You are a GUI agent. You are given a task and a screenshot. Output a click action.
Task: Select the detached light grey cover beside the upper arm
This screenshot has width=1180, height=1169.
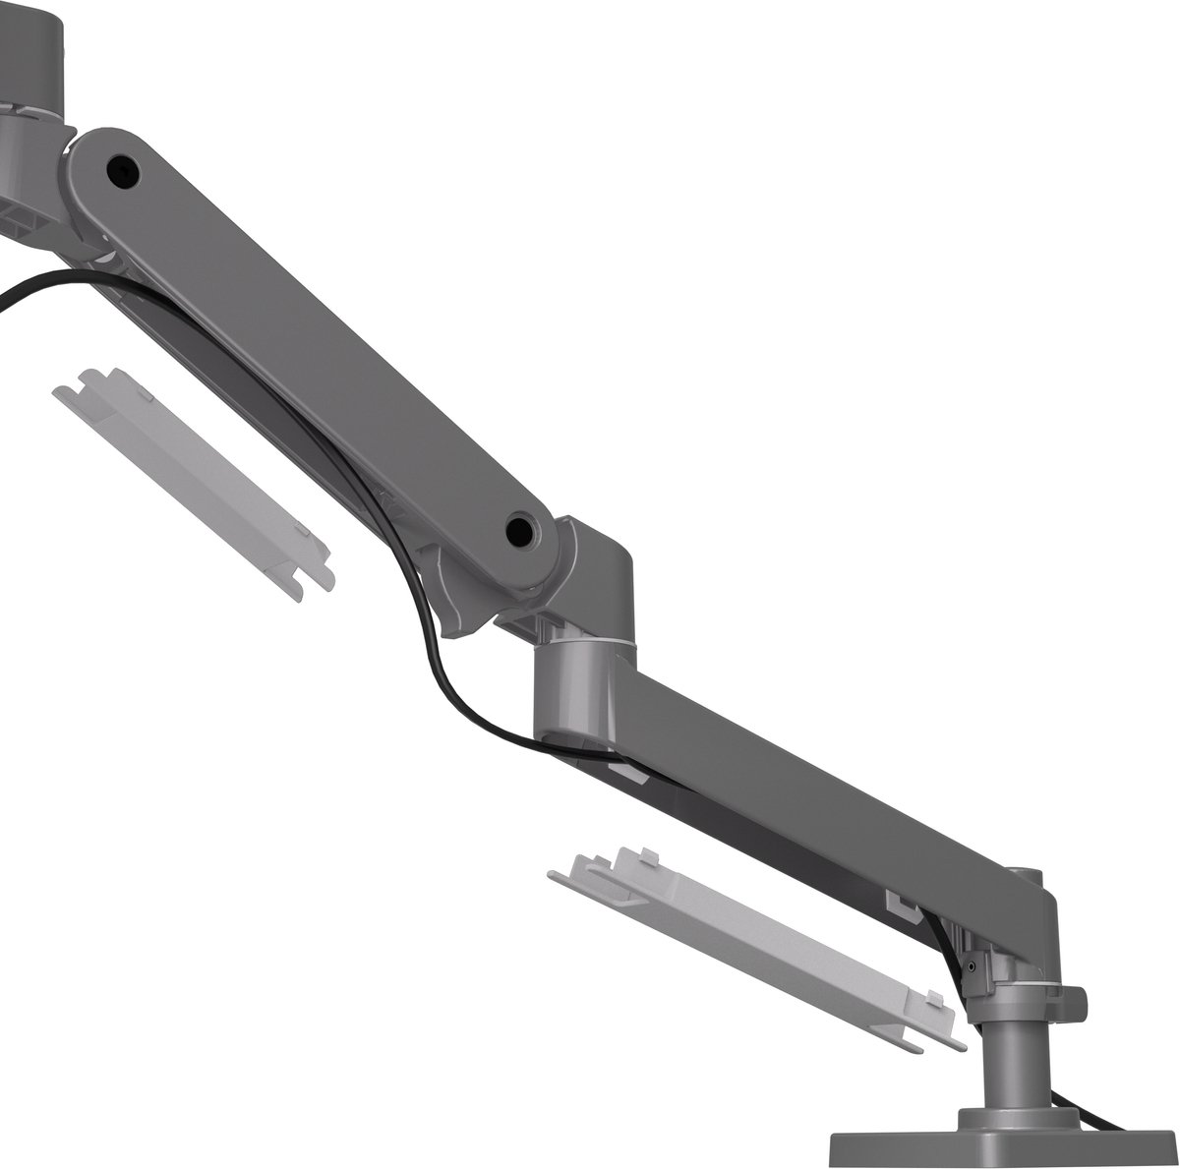[192, 483]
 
